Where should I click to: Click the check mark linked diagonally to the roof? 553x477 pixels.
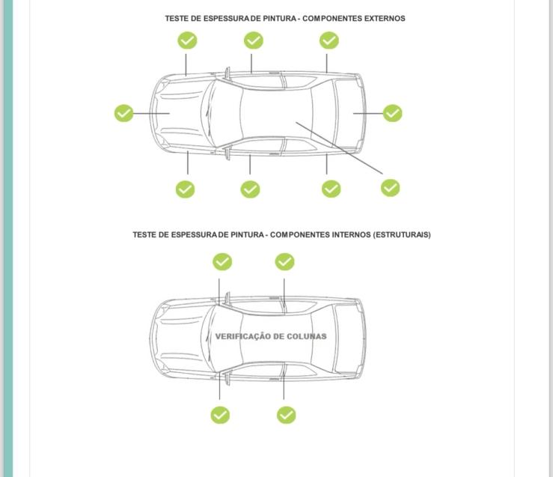(x=390, y=187)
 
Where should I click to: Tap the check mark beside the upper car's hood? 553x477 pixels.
(x=124, y=113)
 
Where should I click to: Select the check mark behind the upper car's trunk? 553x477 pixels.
(x=392, y=113)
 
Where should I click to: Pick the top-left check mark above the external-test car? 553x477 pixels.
(x=187, y=40)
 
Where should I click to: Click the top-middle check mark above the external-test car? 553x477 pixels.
(x=254, y=40)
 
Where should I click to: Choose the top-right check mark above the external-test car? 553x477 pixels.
(x=329, y=40)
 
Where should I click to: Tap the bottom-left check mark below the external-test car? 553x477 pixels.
(x=186, y=189)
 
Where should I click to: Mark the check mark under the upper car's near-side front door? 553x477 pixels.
(x=250, y=189)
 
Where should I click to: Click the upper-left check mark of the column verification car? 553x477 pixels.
(x=222, y=261)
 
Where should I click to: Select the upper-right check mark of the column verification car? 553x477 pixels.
(x=284, y=261)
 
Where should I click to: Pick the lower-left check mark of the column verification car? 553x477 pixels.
(x=220, y=414)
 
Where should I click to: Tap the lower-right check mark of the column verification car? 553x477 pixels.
(x=286, y=414)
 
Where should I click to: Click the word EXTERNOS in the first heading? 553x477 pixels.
(x=384, y=18)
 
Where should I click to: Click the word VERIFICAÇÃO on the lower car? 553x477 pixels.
(x=242, y=336)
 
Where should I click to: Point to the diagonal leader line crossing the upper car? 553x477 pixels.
(x=340, y=149)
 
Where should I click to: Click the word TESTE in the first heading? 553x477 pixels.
(x=177, y=18)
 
